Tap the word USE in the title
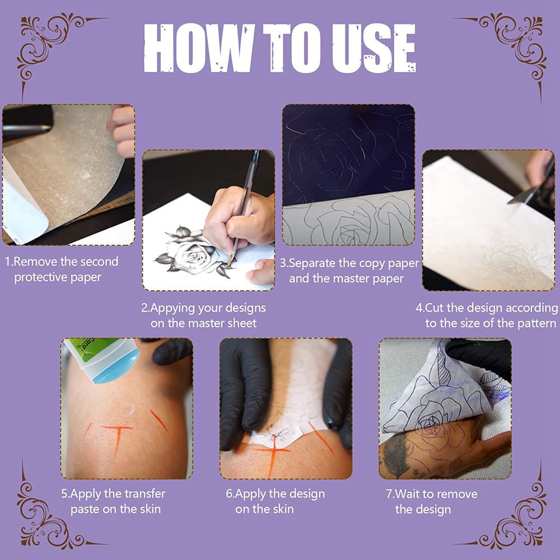click(374, 49)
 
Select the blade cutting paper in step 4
click(522, 197)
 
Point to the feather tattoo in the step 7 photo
click(396, 455)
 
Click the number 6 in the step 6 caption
click(228, 494)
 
